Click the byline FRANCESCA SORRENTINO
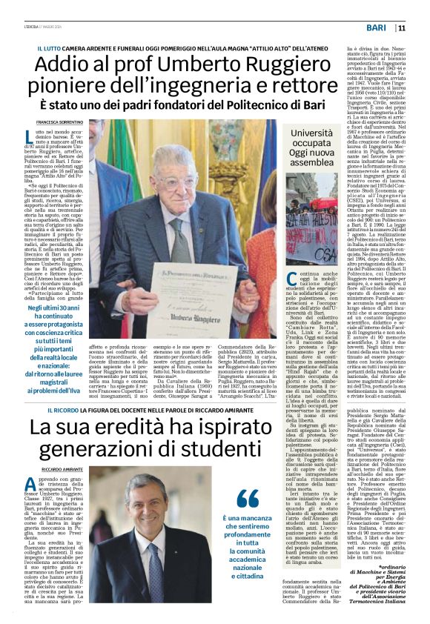(60, 121)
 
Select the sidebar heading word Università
(313, 134)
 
